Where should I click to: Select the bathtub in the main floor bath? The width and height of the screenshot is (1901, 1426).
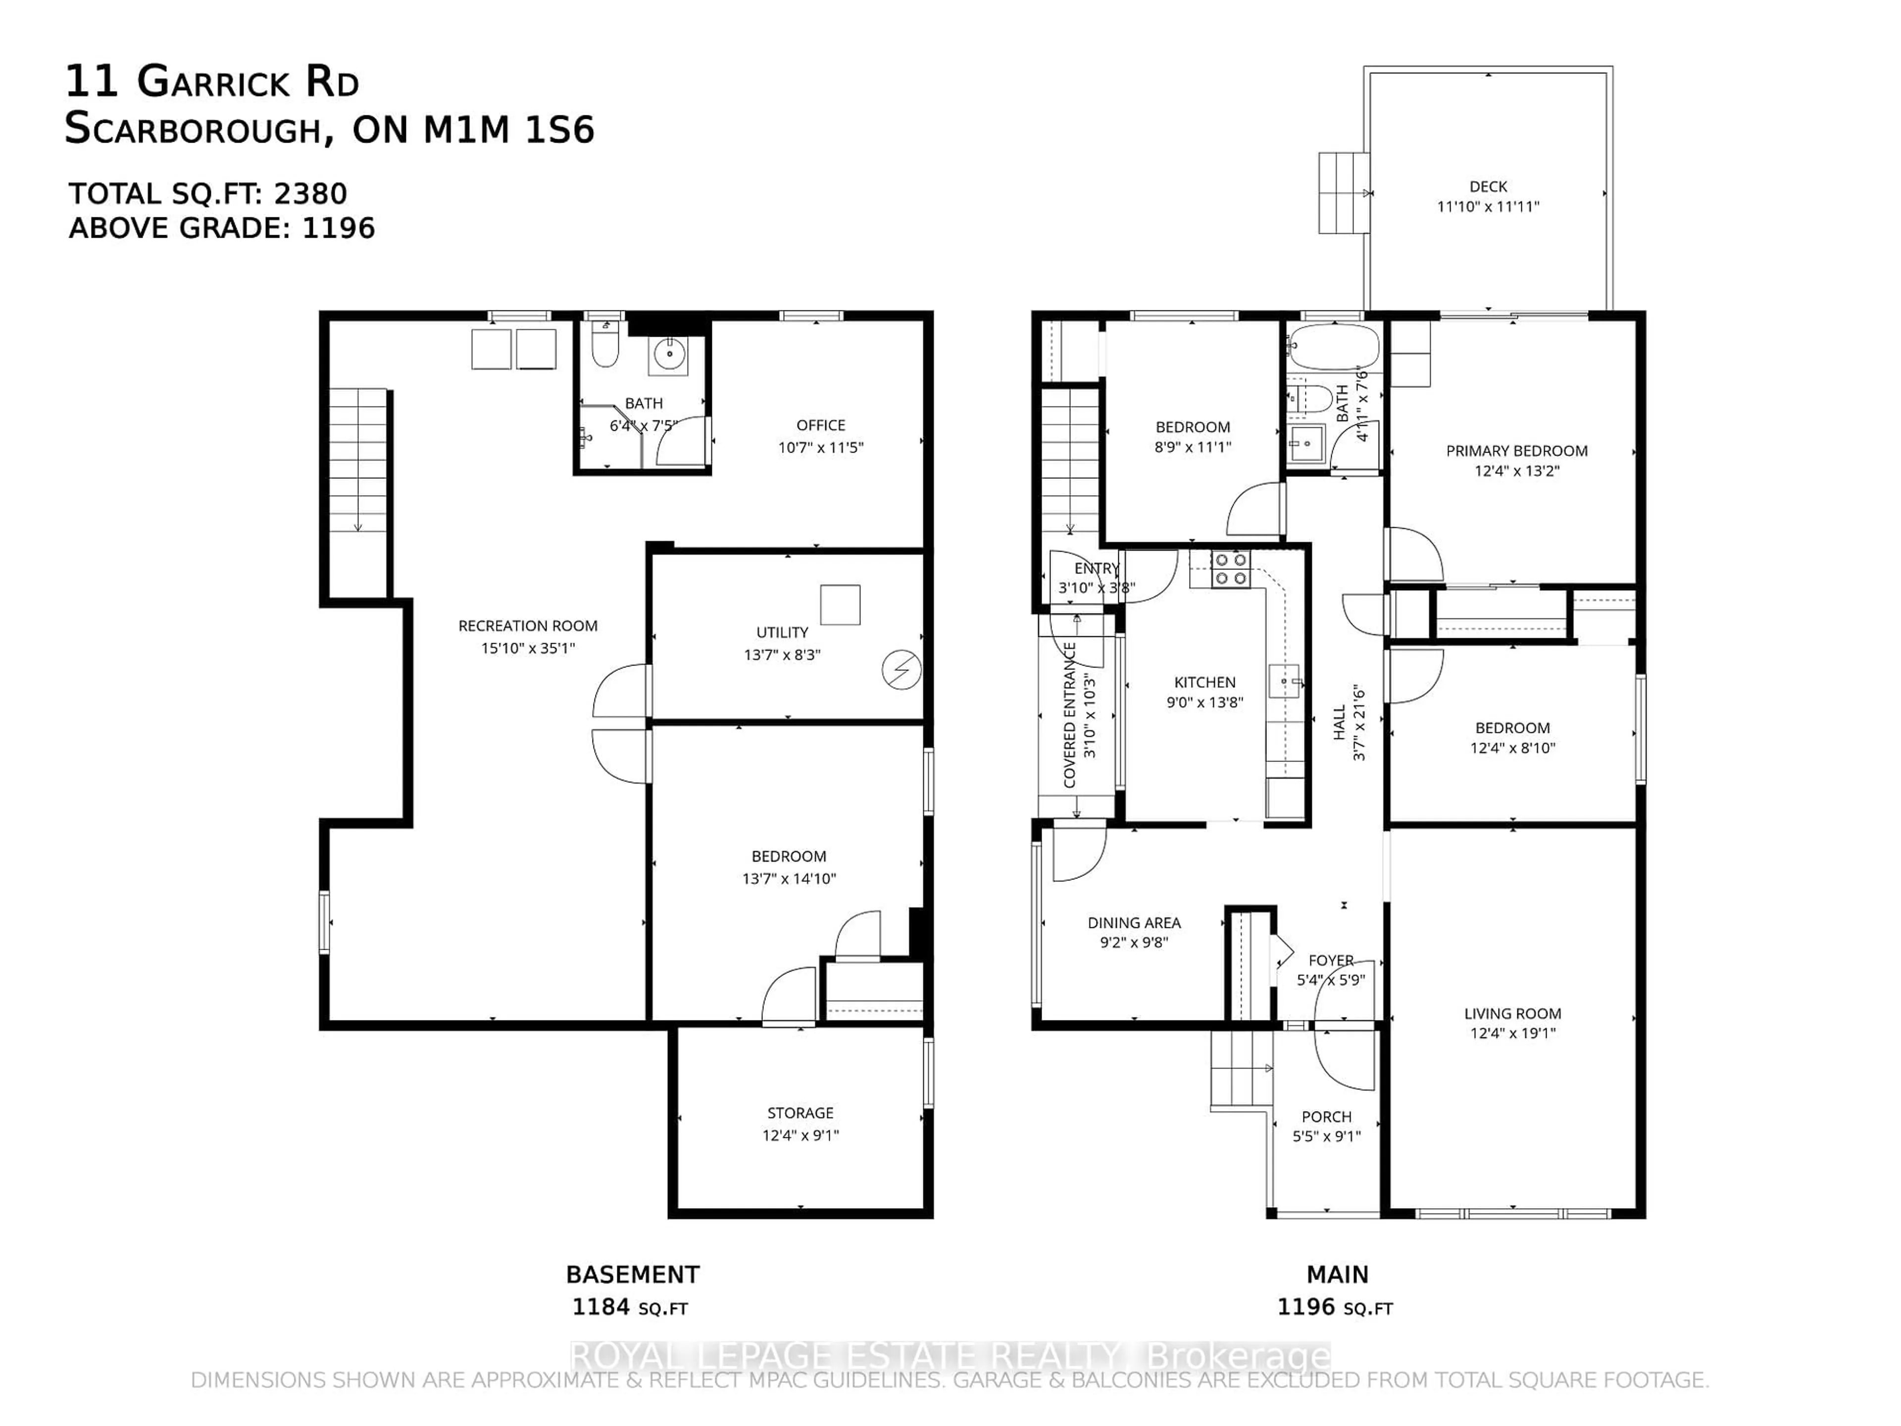(x=1334, y=347)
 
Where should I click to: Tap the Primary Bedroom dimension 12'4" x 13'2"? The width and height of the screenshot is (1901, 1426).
(x=1516, y=471)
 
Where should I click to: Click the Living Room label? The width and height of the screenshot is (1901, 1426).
(x=1512, y=1014)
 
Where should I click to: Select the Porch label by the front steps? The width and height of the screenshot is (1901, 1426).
(x=1326, y=1117)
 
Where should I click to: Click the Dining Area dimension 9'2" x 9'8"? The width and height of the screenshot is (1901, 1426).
(x=1134, y=942)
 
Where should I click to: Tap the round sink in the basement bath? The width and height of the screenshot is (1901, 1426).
(x=669, y=353)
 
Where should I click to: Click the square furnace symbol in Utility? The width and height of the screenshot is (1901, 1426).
(x=840, y=604)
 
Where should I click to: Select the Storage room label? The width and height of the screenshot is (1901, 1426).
(x=800, y=1112)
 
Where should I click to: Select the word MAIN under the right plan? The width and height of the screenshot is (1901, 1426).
(x=1337, y=1274)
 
